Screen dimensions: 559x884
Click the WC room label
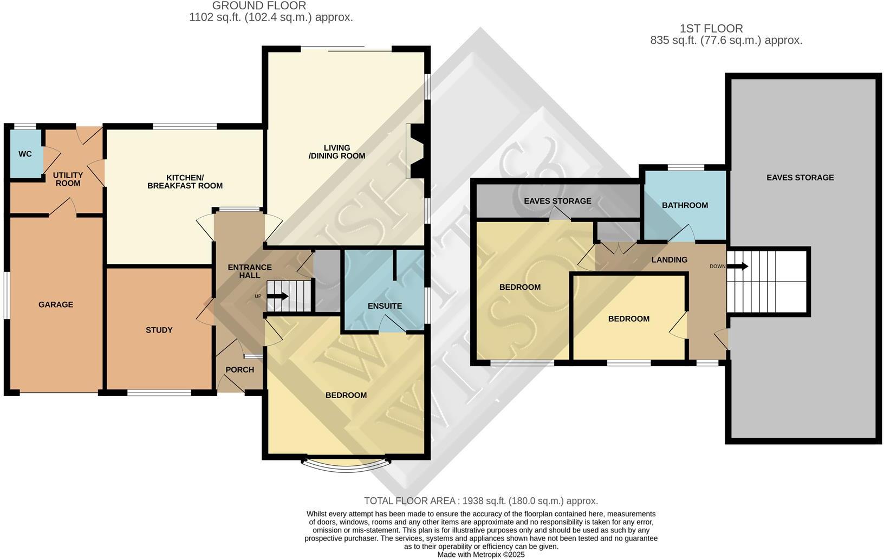point(25,154)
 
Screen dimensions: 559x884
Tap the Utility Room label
point(68,179)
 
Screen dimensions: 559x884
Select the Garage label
point(56,304)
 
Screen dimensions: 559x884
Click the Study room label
point(159,330)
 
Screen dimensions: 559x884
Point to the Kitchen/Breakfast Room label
point(185,182)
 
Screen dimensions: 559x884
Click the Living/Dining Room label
point(337,152)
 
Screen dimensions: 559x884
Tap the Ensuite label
point(385,306)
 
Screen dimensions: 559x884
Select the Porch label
point(239,370)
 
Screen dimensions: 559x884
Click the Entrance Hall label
point(250,271)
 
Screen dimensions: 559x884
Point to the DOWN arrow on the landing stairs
point(737,266)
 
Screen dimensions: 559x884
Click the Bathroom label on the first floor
point(685,205)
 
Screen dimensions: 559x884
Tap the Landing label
point(669,260)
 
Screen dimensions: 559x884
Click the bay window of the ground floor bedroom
point(346,466)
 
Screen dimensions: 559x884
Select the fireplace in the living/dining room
point(417,151)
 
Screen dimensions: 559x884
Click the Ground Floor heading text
point(259,6)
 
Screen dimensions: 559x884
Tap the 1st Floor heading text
point(711,28)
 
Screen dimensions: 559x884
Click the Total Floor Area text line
point(480,501)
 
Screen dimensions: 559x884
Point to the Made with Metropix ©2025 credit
point(481,555)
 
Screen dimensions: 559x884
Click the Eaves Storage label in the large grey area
point(800,178)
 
